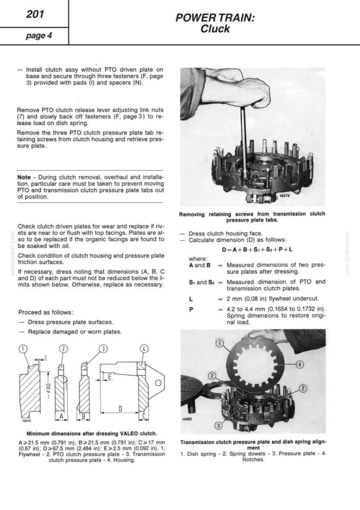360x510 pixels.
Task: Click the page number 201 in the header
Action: point(35,14)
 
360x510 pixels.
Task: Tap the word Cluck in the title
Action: point(215,29)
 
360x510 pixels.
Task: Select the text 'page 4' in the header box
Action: point(39,35)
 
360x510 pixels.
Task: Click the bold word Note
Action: point(24,177)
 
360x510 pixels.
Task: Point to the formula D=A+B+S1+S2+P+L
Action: point(257,250)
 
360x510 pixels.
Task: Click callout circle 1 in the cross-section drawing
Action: point(22,349)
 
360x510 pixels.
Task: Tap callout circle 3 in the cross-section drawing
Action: point(103,349)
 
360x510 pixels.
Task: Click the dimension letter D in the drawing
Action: point(120,409)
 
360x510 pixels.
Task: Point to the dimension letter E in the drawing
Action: point(110,378)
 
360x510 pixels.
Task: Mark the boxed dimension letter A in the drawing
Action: point(61,417)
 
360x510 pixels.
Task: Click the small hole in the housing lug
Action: point(158,383)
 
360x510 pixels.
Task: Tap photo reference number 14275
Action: point(284,196)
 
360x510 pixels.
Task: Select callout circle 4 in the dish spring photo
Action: point(299,365)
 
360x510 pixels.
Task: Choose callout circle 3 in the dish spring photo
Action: point(219,425)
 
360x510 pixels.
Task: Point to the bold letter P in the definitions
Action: point(191,309)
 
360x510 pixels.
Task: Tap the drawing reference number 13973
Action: point(26,421)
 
